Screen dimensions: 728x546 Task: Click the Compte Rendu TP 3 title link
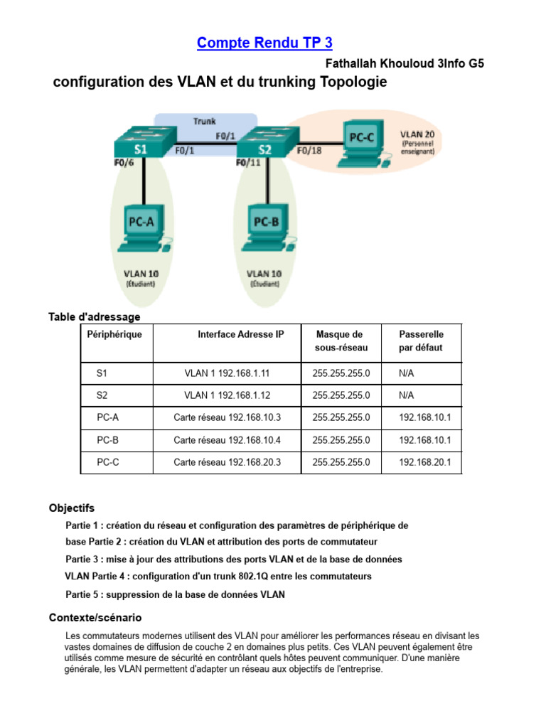[264, 43]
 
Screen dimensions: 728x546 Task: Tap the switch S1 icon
[141, 144]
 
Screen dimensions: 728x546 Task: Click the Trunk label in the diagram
[205, 121]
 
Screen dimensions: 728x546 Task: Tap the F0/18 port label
[309, 151]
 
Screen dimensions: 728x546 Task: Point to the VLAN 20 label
[417, 134]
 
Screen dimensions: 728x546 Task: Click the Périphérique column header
[114, 334]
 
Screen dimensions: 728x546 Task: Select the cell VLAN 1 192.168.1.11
[227, 372]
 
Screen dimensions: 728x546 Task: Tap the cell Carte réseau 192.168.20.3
[227, 462]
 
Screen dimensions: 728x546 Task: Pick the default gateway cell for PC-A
[425, 417]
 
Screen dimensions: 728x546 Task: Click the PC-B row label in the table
[108, 440]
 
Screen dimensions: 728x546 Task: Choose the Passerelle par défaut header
[422, 341]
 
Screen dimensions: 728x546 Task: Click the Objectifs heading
[71, 508]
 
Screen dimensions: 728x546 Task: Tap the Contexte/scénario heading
[95, 617]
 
